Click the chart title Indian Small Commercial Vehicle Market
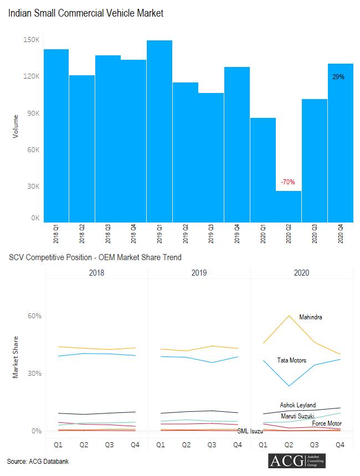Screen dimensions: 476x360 [86, 13]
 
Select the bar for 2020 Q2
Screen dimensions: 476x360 [289, 206]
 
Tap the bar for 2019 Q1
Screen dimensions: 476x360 [160, 131]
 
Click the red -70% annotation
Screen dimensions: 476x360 [288, 182]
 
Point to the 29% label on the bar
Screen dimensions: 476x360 [338, 77]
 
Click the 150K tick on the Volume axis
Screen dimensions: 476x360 [31, 40]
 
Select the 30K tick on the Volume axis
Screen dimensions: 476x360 [32, 187]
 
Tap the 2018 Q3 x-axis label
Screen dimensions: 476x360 [108, 235]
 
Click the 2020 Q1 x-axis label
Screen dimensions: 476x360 [263, 235]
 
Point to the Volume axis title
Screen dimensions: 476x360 [16, 126]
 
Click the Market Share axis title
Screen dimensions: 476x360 [16, 357]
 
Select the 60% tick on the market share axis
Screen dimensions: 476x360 [35, 316]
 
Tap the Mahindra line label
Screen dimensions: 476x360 [311, 317]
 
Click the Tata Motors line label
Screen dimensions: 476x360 [291, 360]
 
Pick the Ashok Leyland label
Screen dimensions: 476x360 [298, 405]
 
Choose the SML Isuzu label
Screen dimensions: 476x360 [250, 431]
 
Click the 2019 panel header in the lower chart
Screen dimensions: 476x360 [199, 273]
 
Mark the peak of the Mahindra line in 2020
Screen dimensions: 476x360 [289, 315]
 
